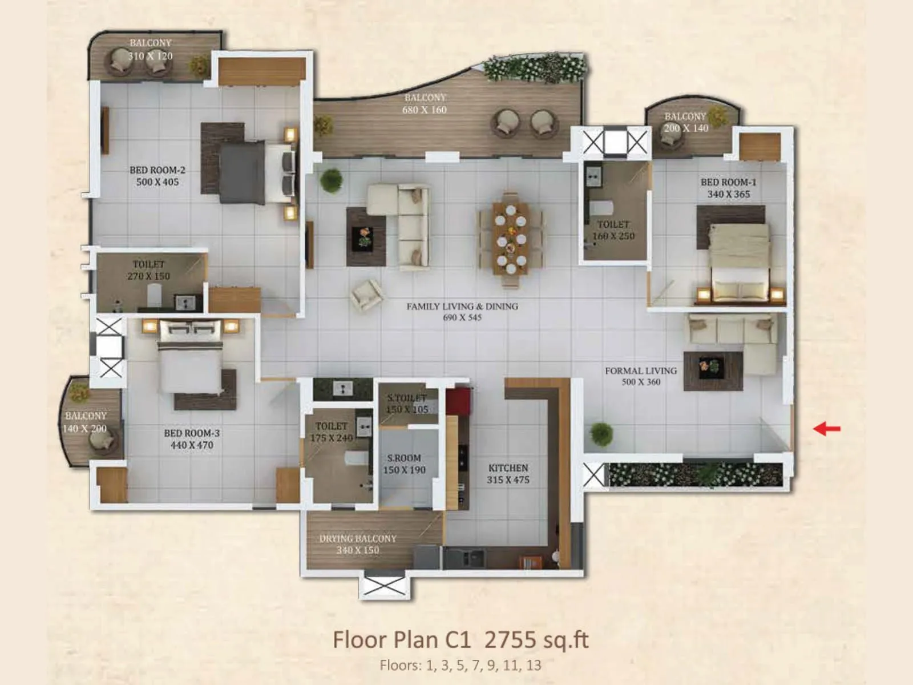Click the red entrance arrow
[x=826, y=428]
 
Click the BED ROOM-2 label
[x=157, y=170]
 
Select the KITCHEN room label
[x=508, y=468]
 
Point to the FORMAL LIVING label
[x=641, y=370]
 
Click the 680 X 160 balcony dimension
[x=425, y=110]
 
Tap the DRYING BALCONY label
[x=358, y=538]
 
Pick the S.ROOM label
[x=404, y=458]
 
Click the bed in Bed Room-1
[x=740, y=260]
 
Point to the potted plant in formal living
[x=601, y=434]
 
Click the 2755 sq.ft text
[x=536, y=640]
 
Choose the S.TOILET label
[x=407, y=398]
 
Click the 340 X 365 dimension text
[x=729, y=194]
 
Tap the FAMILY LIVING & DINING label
[x=462, y=307]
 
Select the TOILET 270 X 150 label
[x=148, y=270]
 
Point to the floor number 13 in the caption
[x=534, y=665]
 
